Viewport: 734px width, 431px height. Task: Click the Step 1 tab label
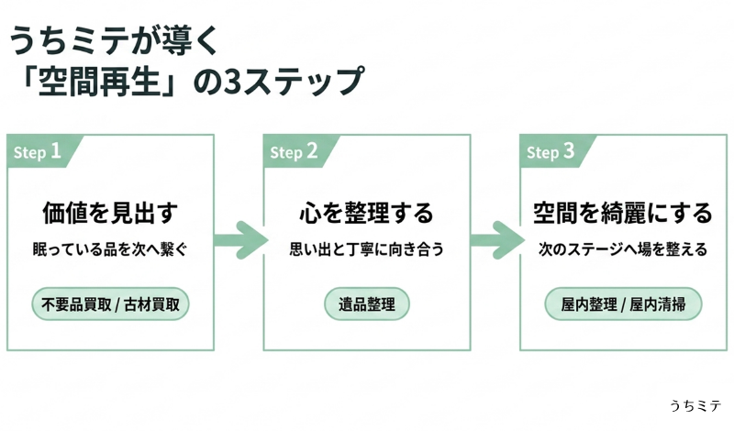coord(38,151)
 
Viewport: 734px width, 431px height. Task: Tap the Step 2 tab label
coord(294,151)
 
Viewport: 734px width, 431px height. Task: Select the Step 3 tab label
coord(550,151)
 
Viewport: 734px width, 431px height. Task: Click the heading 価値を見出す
coord(110,213)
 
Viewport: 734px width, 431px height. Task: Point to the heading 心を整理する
coord(367,213)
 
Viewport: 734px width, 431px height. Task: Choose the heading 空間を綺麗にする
coord(623,213)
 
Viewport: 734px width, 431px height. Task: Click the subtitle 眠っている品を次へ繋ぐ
coord(110,249)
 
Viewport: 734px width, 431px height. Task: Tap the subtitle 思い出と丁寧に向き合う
coord(366,249)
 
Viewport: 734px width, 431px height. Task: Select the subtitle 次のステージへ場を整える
coord(623,249)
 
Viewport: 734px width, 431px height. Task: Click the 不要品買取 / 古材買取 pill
coord(110,304)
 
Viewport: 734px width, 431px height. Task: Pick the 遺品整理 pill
coord(367,304)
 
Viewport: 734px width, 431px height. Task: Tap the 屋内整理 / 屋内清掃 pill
coord(623,304)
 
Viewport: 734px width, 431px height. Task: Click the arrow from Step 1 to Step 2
coord(240,240)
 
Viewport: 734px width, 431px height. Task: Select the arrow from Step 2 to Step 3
coord(497,240)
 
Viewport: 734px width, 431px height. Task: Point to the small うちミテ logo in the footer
coord(695,405)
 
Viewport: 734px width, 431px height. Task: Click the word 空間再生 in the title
coord(99,81)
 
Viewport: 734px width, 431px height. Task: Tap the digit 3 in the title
coord(232,82)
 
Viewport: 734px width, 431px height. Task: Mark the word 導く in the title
coord(189,40)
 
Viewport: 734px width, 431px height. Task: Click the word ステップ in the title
coord(302,82)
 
